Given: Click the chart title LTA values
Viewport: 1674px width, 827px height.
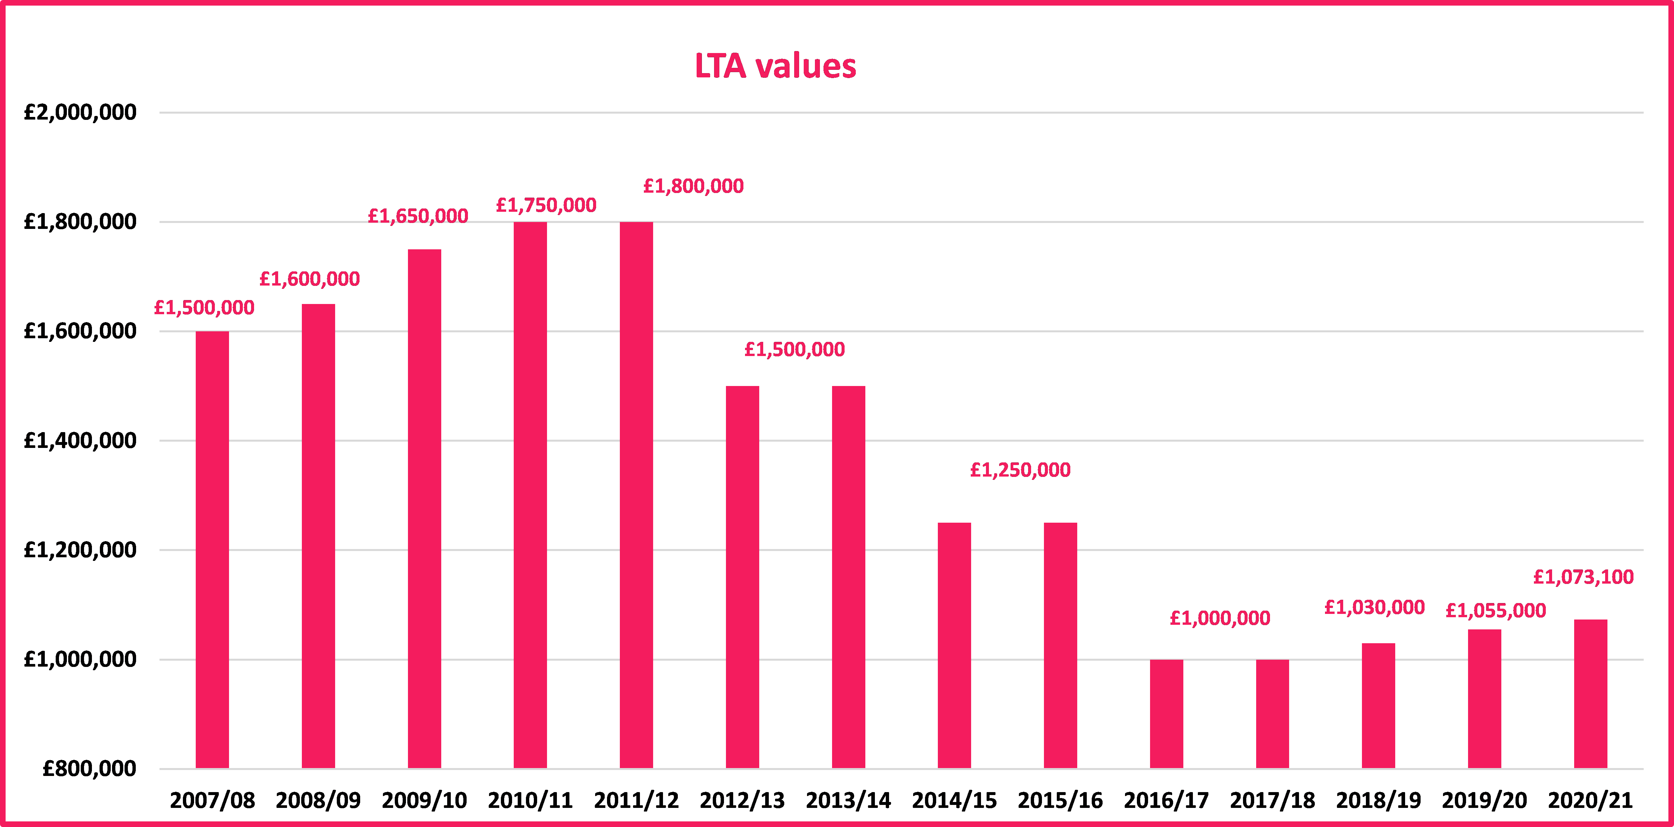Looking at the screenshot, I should click(x=775, y=66).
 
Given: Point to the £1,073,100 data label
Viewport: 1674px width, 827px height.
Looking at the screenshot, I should click(x=1583, y=577).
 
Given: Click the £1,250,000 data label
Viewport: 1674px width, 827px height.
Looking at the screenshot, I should click(x=1020, y=470).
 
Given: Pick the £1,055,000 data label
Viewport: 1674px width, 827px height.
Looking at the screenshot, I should click(x=1495, y=611).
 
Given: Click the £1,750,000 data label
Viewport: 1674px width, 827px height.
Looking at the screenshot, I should click(x=546, y=205).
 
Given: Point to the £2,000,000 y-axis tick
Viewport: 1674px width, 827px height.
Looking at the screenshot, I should click(x=80, y=112).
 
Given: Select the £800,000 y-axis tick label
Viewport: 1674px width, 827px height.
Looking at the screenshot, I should click(x=89, y=768).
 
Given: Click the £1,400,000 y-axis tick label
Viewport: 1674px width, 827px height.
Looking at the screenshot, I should click(x=80, y=440).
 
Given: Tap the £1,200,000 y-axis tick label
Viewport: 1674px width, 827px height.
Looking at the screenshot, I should click(x=80, y=550).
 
